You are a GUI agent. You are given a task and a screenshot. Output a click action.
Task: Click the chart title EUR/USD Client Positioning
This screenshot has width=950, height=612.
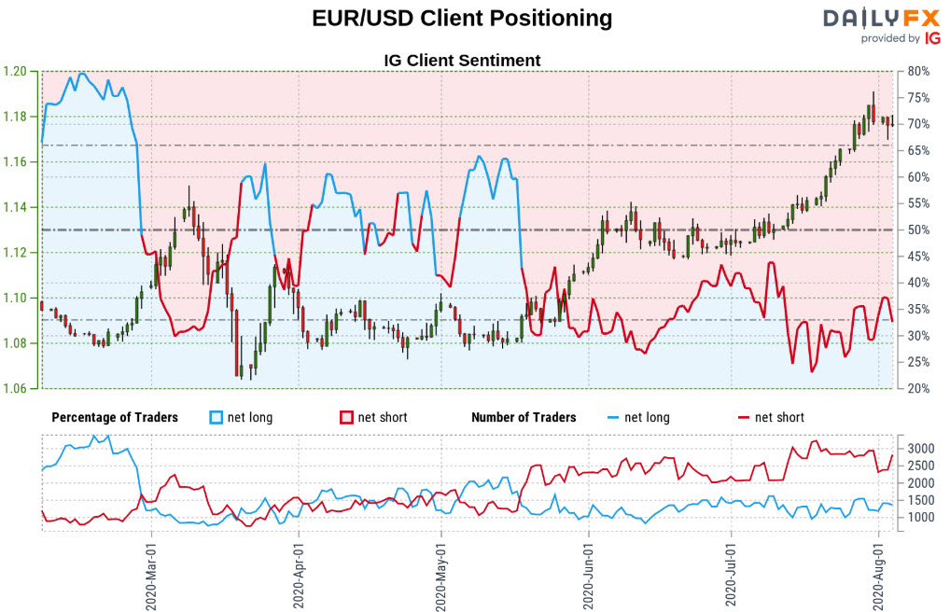point(461,19)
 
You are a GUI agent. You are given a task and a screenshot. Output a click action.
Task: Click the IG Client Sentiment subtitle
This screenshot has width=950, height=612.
point(462,61)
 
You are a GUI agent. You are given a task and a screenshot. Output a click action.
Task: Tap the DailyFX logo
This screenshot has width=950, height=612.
point(882,25)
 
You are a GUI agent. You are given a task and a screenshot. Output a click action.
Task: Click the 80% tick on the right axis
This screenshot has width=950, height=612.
point(916,72)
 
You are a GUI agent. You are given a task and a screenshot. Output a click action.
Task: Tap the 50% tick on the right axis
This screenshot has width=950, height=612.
point(916,230)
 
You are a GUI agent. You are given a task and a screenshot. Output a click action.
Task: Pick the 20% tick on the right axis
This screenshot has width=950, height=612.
point(916,388)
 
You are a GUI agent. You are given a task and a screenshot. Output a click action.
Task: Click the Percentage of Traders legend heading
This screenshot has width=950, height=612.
point(115,417)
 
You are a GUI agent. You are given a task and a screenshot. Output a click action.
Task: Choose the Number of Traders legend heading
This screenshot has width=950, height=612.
point(524,417)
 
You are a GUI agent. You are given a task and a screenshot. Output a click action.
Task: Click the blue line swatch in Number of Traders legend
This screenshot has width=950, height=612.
point(613,417)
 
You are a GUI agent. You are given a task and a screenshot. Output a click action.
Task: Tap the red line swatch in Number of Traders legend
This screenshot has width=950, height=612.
point(744,417)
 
